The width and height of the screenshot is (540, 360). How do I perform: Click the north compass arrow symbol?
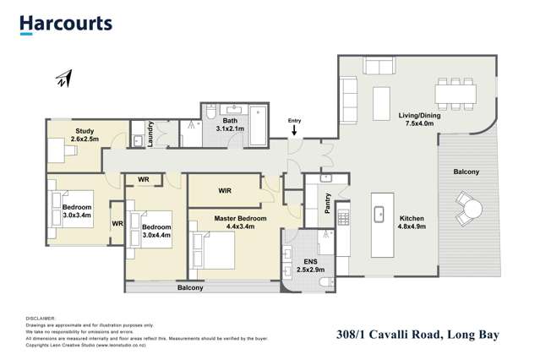63,79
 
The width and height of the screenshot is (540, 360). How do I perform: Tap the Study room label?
85,135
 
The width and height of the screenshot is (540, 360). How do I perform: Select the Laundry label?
150,134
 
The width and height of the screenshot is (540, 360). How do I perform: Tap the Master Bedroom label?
240,222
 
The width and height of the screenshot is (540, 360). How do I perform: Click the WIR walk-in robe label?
225,190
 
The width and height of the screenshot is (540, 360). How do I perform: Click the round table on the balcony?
470,207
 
